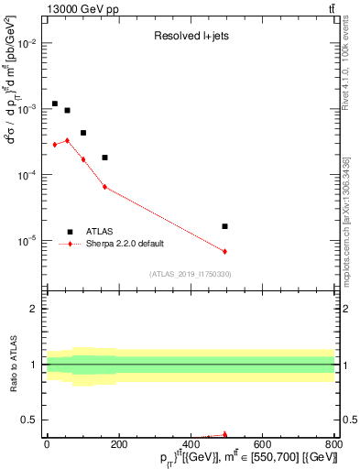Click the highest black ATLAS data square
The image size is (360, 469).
[55, 104]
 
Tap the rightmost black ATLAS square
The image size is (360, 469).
[224, 226]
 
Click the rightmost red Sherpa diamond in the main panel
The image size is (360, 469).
[224, 251]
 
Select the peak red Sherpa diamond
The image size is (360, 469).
[67, 140]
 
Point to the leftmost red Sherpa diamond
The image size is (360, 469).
[55, 145]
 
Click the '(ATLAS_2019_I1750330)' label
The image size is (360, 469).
[190, 274]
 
